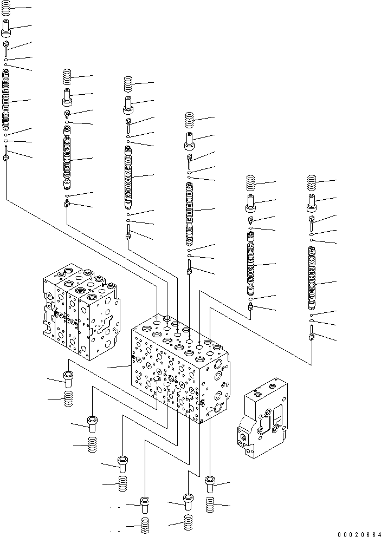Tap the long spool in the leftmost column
point(6,100)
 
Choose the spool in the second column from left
point(67,159)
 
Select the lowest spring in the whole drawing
point(145,526)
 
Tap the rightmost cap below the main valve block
point(210,483)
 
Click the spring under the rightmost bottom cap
point(211,506)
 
